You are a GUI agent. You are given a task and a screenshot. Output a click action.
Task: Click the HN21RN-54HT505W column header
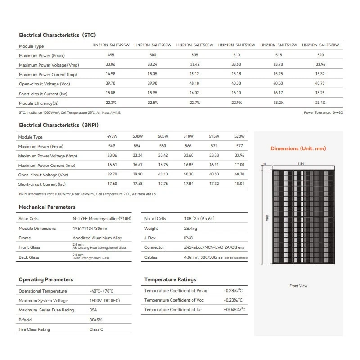(x=194, y=45)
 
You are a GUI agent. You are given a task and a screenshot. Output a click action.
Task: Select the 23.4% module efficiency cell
(x=320, y=103)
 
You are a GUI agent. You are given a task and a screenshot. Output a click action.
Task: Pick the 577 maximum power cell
(x=240, y=146)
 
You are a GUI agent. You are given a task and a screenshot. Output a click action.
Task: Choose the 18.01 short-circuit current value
(x=240, y=184)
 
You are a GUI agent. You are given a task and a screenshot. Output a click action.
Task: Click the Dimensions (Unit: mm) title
(x=298, y=148)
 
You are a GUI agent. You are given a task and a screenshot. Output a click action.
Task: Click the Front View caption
(x=298, y=286)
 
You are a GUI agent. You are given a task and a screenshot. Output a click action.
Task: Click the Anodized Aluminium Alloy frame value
(x=97, y=238)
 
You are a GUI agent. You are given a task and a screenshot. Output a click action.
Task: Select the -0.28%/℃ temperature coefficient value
(x=233, y=291)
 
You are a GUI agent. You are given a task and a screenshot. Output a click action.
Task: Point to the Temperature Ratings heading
(x=170, y=279)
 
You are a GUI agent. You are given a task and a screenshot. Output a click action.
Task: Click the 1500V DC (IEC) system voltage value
(x=104, y=301)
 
